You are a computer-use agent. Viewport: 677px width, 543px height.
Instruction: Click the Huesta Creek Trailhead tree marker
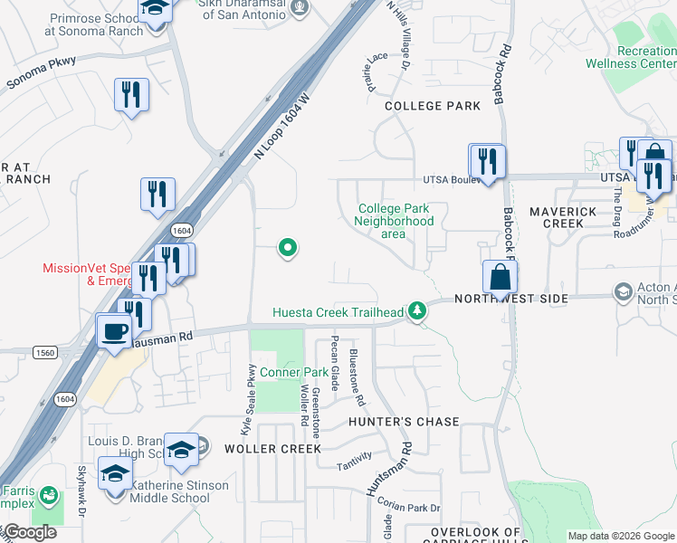[416, 311]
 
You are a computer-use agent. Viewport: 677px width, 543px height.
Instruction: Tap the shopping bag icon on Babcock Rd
[500, 279]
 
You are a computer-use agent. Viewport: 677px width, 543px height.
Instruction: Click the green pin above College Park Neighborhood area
[288, 246]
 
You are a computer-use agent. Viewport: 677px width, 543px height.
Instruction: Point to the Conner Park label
[294, 372]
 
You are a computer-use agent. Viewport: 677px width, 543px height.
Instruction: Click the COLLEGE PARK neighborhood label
[433, 106]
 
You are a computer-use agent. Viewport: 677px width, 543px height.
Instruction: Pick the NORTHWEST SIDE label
[511, 299]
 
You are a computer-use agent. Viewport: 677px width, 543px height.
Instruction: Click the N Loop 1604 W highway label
[281, 127]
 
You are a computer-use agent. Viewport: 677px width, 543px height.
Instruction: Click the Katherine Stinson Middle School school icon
[116, 474]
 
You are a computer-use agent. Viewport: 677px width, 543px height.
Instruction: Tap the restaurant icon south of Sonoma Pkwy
[131, 94]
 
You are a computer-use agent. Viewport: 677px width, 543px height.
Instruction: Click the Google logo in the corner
[30, 533]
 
